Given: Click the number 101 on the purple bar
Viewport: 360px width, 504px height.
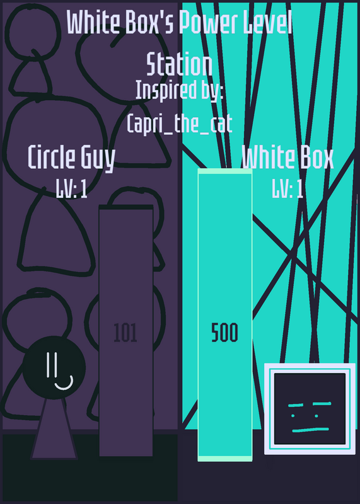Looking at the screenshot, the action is click(x=125, y=333).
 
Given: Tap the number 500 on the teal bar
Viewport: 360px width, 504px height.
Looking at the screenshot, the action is click(x=224, y=333).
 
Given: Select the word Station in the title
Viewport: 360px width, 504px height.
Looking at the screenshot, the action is click(x=179, y=65).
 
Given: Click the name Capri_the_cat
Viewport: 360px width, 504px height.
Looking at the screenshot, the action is click(x=180, y=123).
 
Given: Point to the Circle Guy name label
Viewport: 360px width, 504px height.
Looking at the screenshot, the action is click(x=71, y=157).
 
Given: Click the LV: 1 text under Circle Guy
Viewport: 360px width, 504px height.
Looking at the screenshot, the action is click(x=71, y=188).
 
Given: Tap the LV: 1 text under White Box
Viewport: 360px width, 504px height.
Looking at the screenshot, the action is click(x=287, y=188).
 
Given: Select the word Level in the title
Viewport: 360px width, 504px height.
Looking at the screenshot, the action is click(x=268, y=23).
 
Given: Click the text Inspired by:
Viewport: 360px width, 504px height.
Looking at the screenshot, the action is click(x=179, y=90).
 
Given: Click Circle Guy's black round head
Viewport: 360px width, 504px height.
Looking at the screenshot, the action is click(x=54, y=368).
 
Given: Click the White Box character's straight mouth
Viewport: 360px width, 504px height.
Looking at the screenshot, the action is click(x=310, y=430).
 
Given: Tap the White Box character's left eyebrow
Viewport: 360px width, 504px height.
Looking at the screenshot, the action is click(x=296, y=406).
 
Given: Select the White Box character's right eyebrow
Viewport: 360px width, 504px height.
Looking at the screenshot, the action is click(x=322, y=404).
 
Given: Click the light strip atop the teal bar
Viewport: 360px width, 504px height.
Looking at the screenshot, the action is click(x=225, y=171).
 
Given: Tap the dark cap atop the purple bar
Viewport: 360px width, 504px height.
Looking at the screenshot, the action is click(x=126, y=207).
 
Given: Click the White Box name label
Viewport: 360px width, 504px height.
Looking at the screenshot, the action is click(x=287, y=157).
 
